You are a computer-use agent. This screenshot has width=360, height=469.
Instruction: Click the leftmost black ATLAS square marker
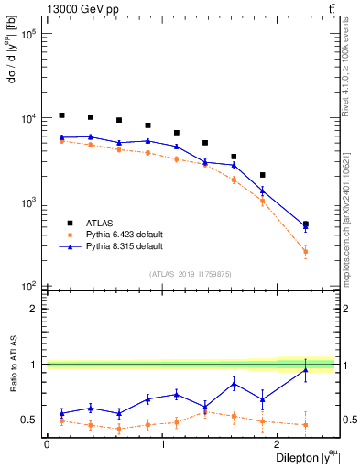61,115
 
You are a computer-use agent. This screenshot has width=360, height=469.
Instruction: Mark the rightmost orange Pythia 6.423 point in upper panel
305,251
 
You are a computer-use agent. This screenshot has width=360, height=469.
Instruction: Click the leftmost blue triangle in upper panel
61,137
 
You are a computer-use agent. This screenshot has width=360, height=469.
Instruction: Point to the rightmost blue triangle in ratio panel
305,369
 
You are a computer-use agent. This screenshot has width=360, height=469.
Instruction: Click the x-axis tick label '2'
278,443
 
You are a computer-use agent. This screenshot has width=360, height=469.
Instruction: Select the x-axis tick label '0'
47,443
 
